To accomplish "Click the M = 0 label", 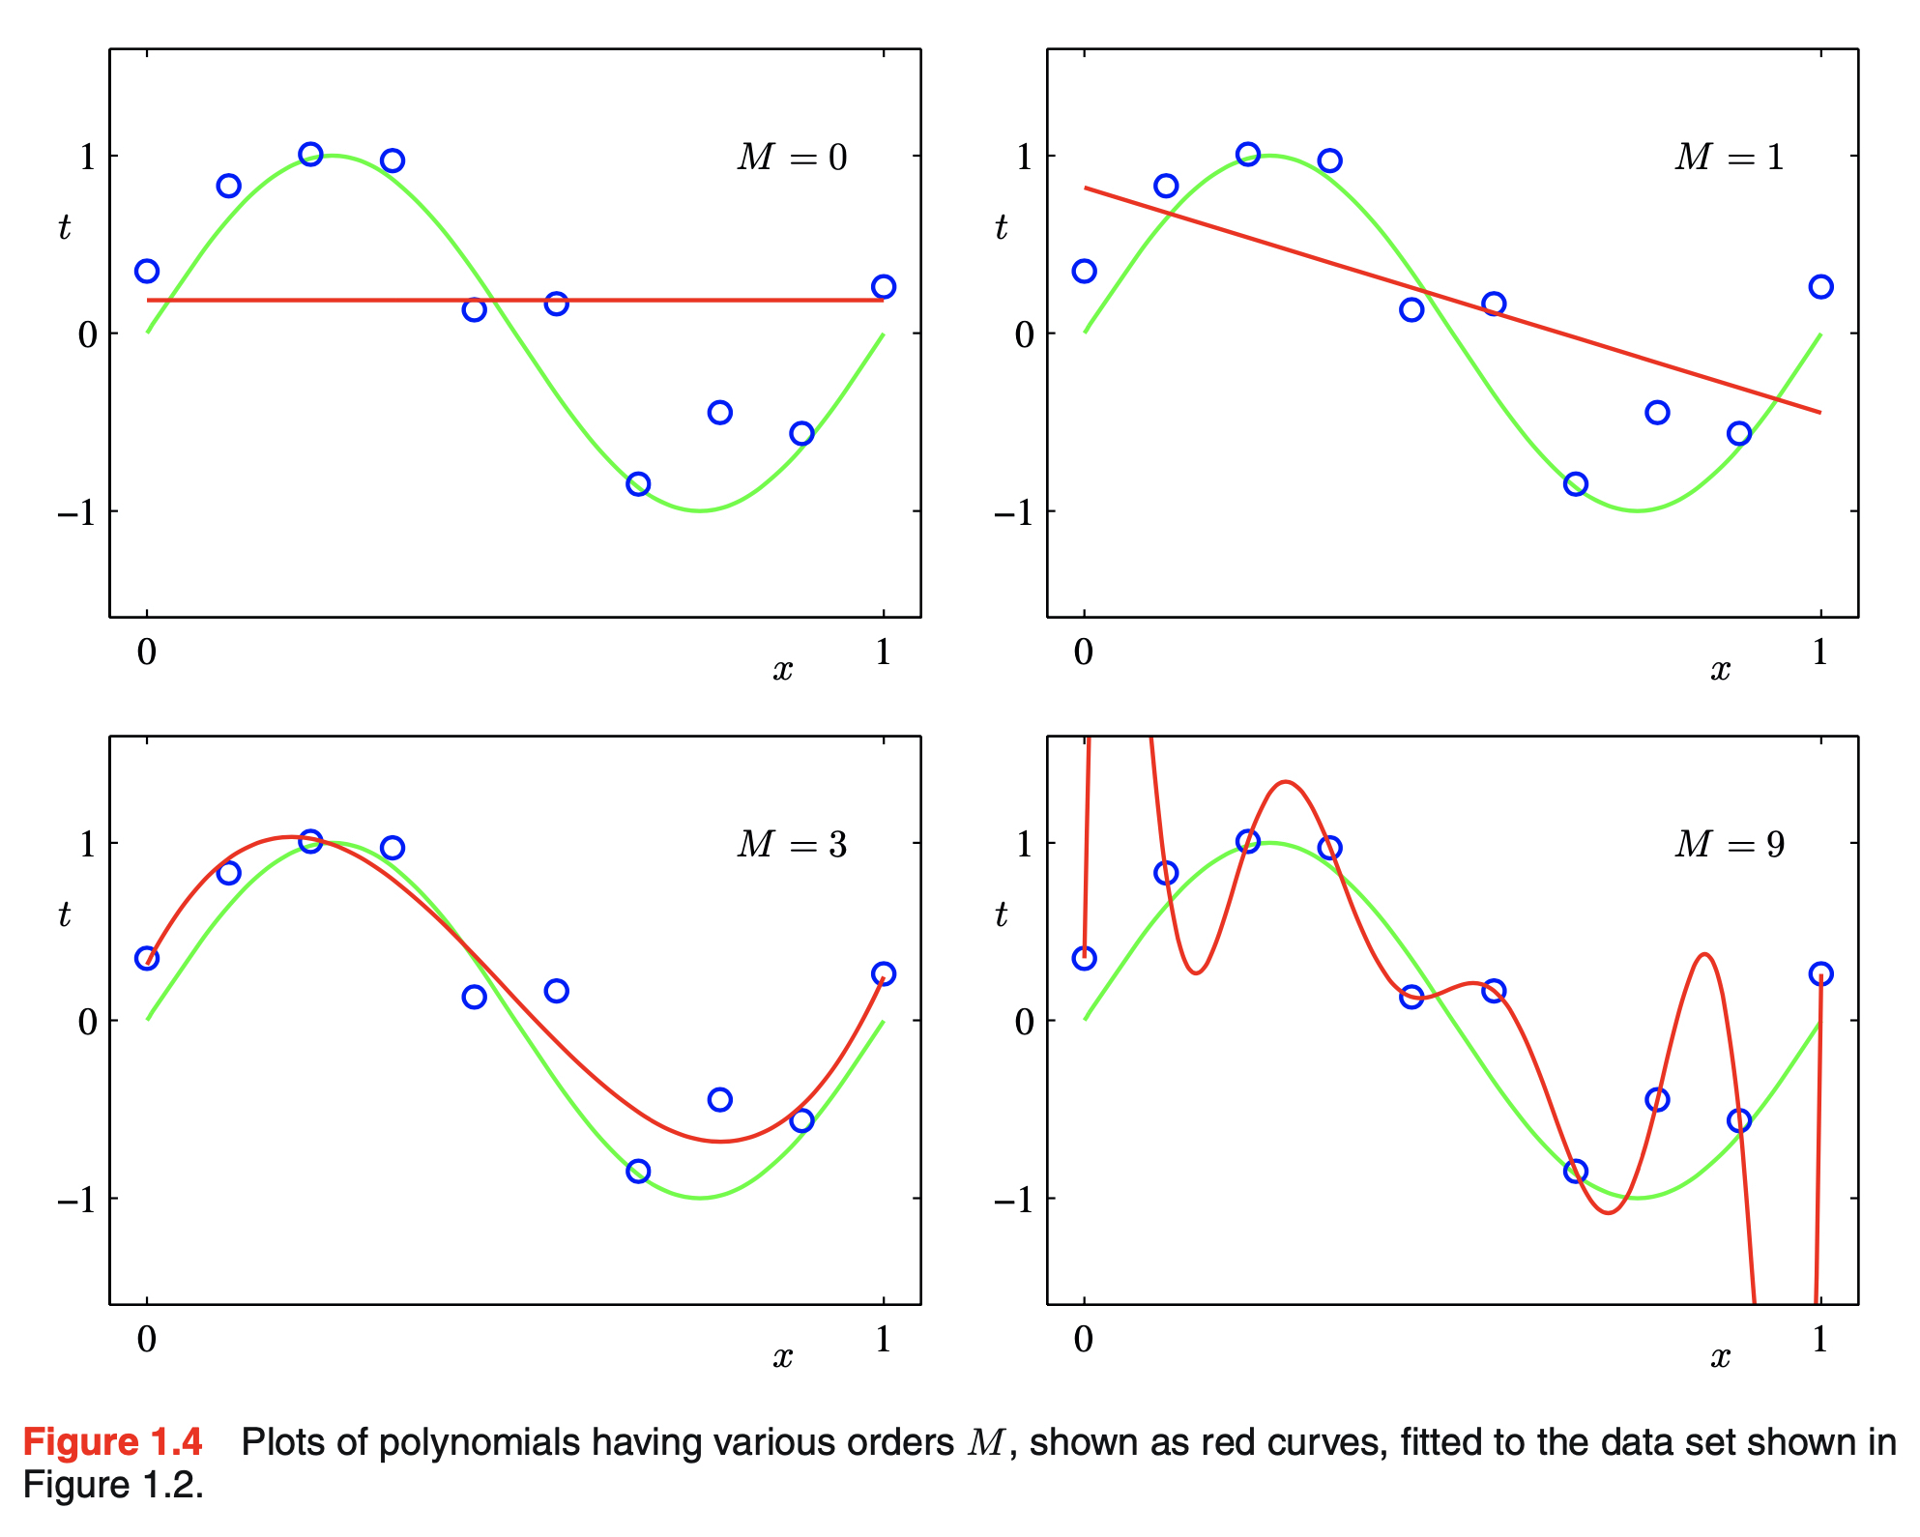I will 792,158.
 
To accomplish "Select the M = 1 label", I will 1729,158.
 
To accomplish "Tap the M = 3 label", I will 792,845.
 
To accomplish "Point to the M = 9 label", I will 1729,845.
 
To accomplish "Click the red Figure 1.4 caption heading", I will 112,1442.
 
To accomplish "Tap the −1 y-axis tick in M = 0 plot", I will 76,512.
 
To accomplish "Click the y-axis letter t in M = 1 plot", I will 1001,227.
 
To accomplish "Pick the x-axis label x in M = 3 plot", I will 782,1357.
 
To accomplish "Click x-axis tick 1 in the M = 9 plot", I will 1819,1340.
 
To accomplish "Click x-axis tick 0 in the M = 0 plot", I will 147,652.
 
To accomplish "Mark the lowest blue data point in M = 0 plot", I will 638,484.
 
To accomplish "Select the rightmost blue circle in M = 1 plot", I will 1820,287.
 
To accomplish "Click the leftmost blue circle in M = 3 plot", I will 147,958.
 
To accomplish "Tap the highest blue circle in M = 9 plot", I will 1248,841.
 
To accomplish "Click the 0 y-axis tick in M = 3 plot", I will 87,1022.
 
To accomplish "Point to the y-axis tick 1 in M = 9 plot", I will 1024,845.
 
